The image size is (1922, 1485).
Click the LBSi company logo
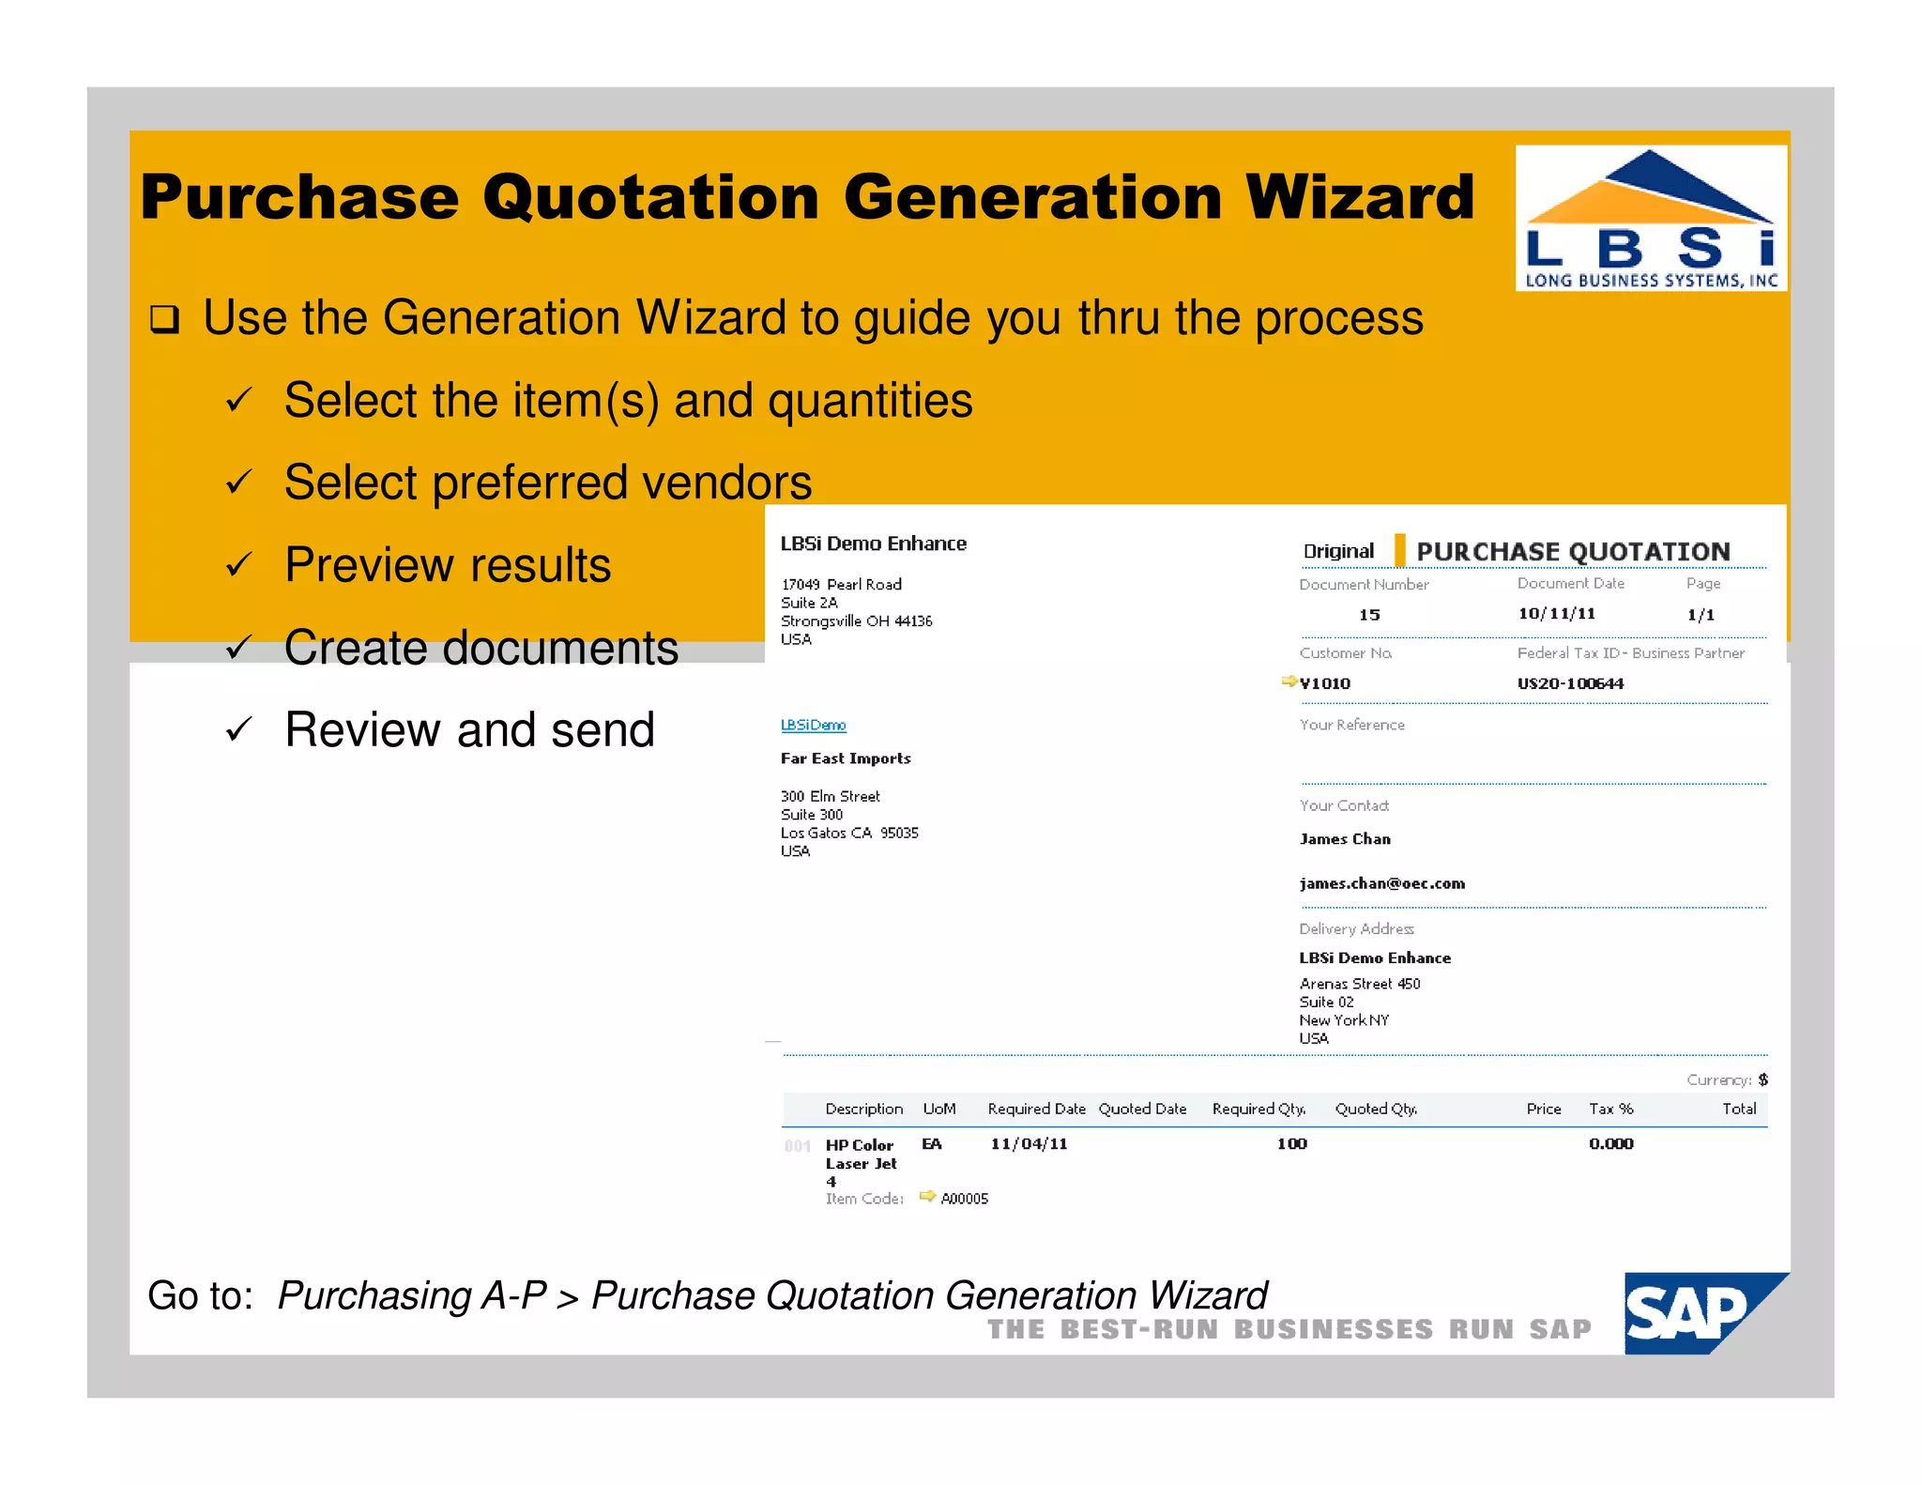pos(1650,218)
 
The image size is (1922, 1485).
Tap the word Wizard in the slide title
pos(1360,197)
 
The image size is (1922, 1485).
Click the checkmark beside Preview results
pos(238,565)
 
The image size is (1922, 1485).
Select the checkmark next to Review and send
pos(238,730)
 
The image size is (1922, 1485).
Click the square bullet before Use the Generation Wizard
pos(164,320)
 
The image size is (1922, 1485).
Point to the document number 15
pos(1369,615)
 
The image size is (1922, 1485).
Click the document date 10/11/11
pos(1556,614)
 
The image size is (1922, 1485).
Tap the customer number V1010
pos(1324,683)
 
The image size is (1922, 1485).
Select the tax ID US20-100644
pos(1570,683)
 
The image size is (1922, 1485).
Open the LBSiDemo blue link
pos(813,725)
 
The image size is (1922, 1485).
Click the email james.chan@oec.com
pos(1381,883)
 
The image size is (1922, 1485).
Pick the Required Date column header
pos(1036,1109)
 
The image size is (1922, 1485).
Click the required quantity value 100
pos(1291,1143)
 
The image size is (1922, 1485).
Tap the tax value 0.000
pos(1610,1143)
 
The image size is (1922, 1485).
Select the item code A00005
pos(964,1199)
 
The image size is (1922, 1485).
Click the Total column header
pos(1738,1109)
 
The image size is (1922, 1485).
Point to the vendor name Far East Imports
pos(846,758)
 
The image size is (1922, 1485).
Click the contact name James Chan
pos(1345,839)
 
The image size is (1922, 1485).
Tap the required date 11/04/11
pos(1029,1143)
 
